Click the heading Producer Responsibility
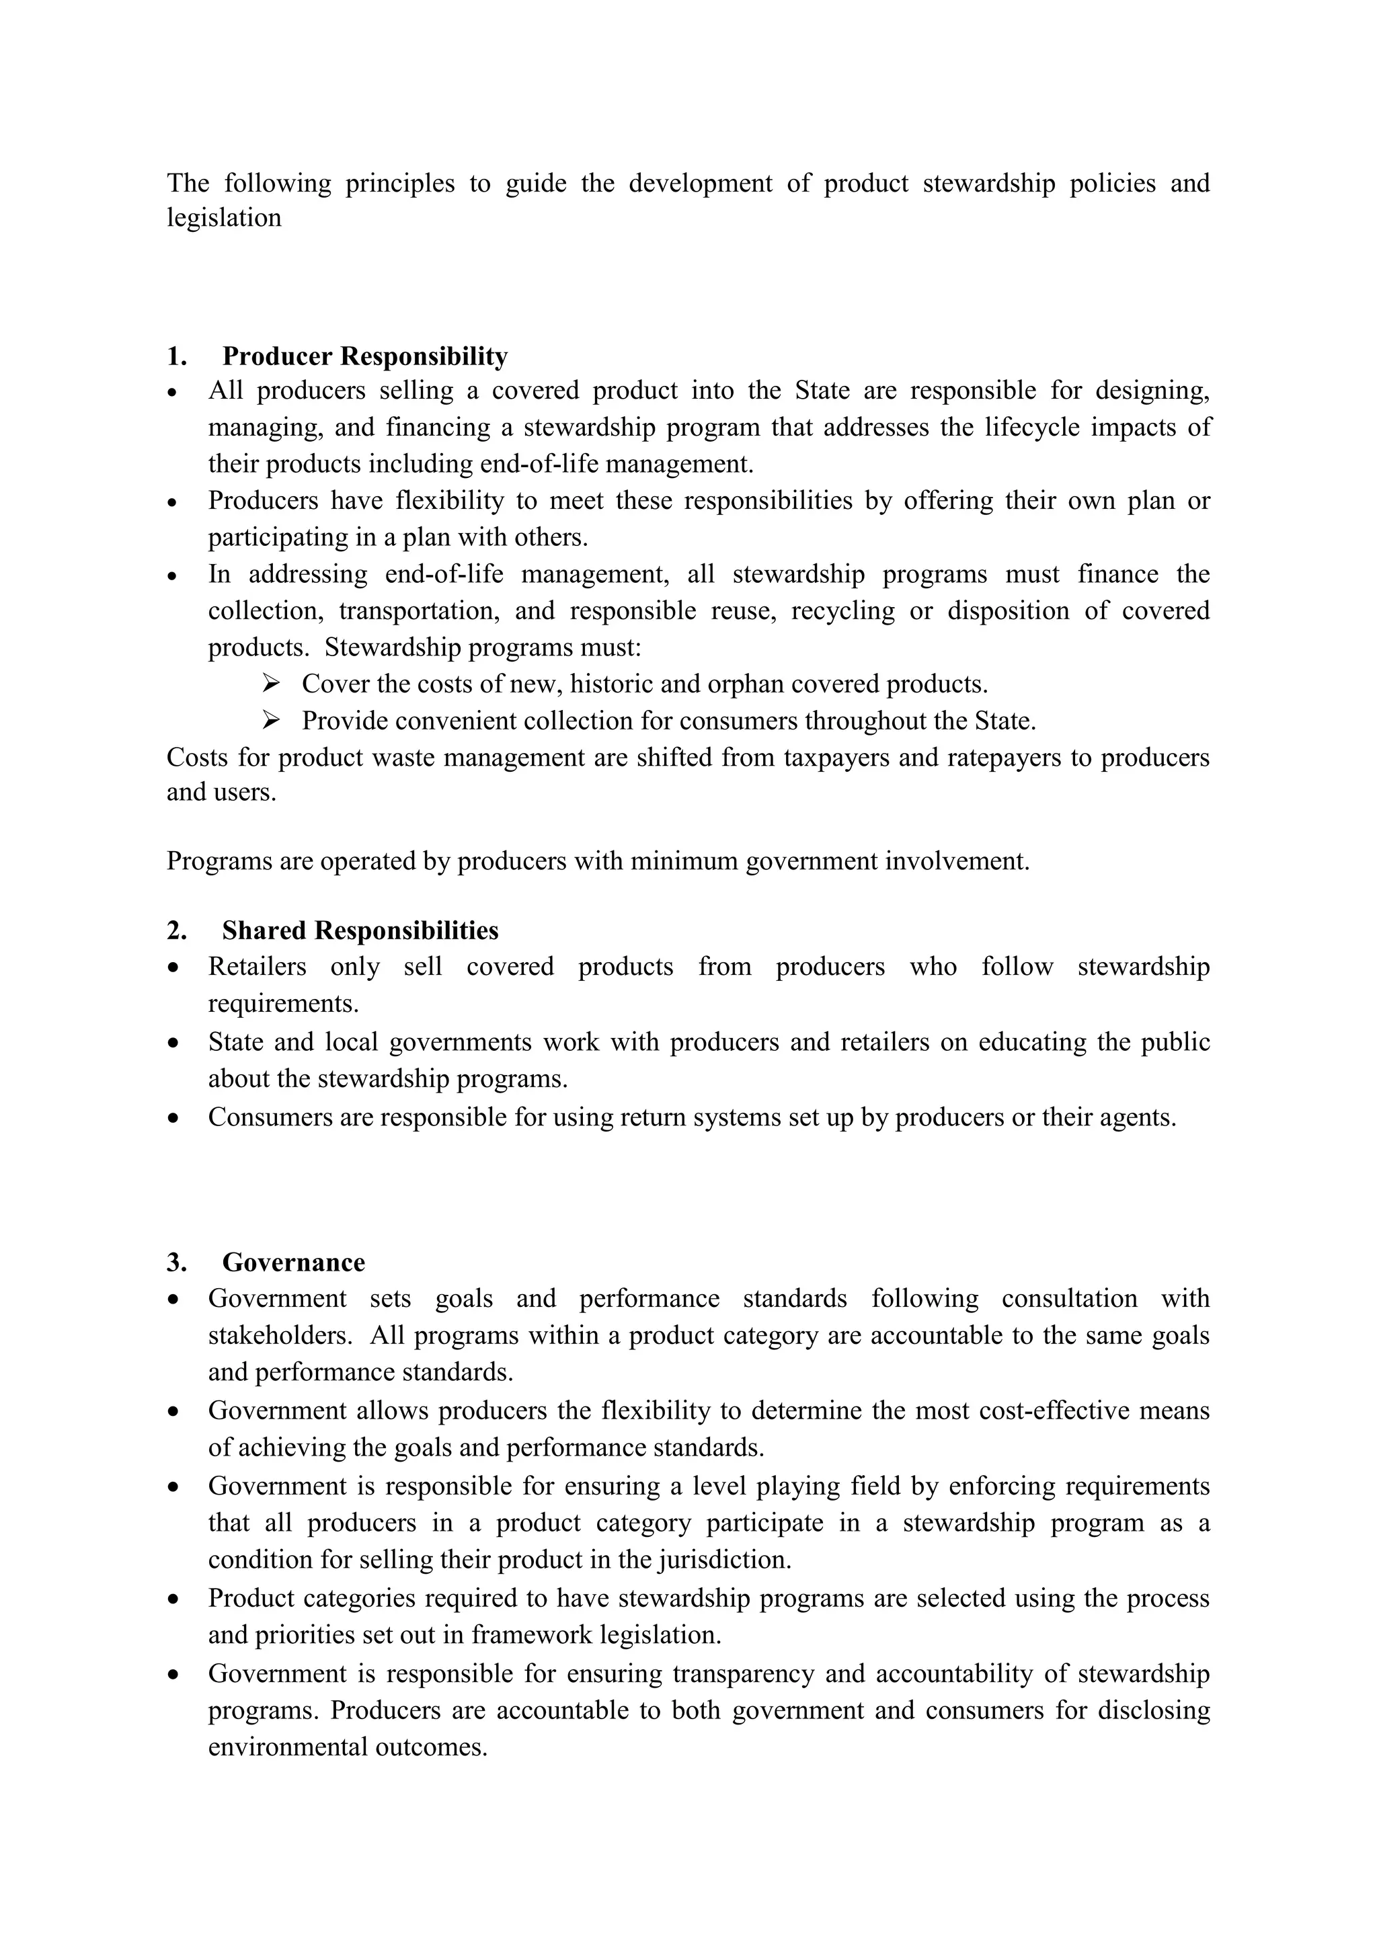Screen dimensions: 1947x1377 (x=364, y=356)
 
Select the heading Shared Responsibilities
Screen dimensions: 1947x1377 (x=360, y=930)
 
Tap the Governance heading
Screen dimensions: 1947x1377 (x=293, y=1262)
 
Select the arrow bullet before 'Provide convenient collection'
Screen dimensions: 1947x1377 (x=270, y=720)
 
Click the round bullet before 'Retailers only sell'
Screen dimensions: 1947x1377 (x=174, y=967)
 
